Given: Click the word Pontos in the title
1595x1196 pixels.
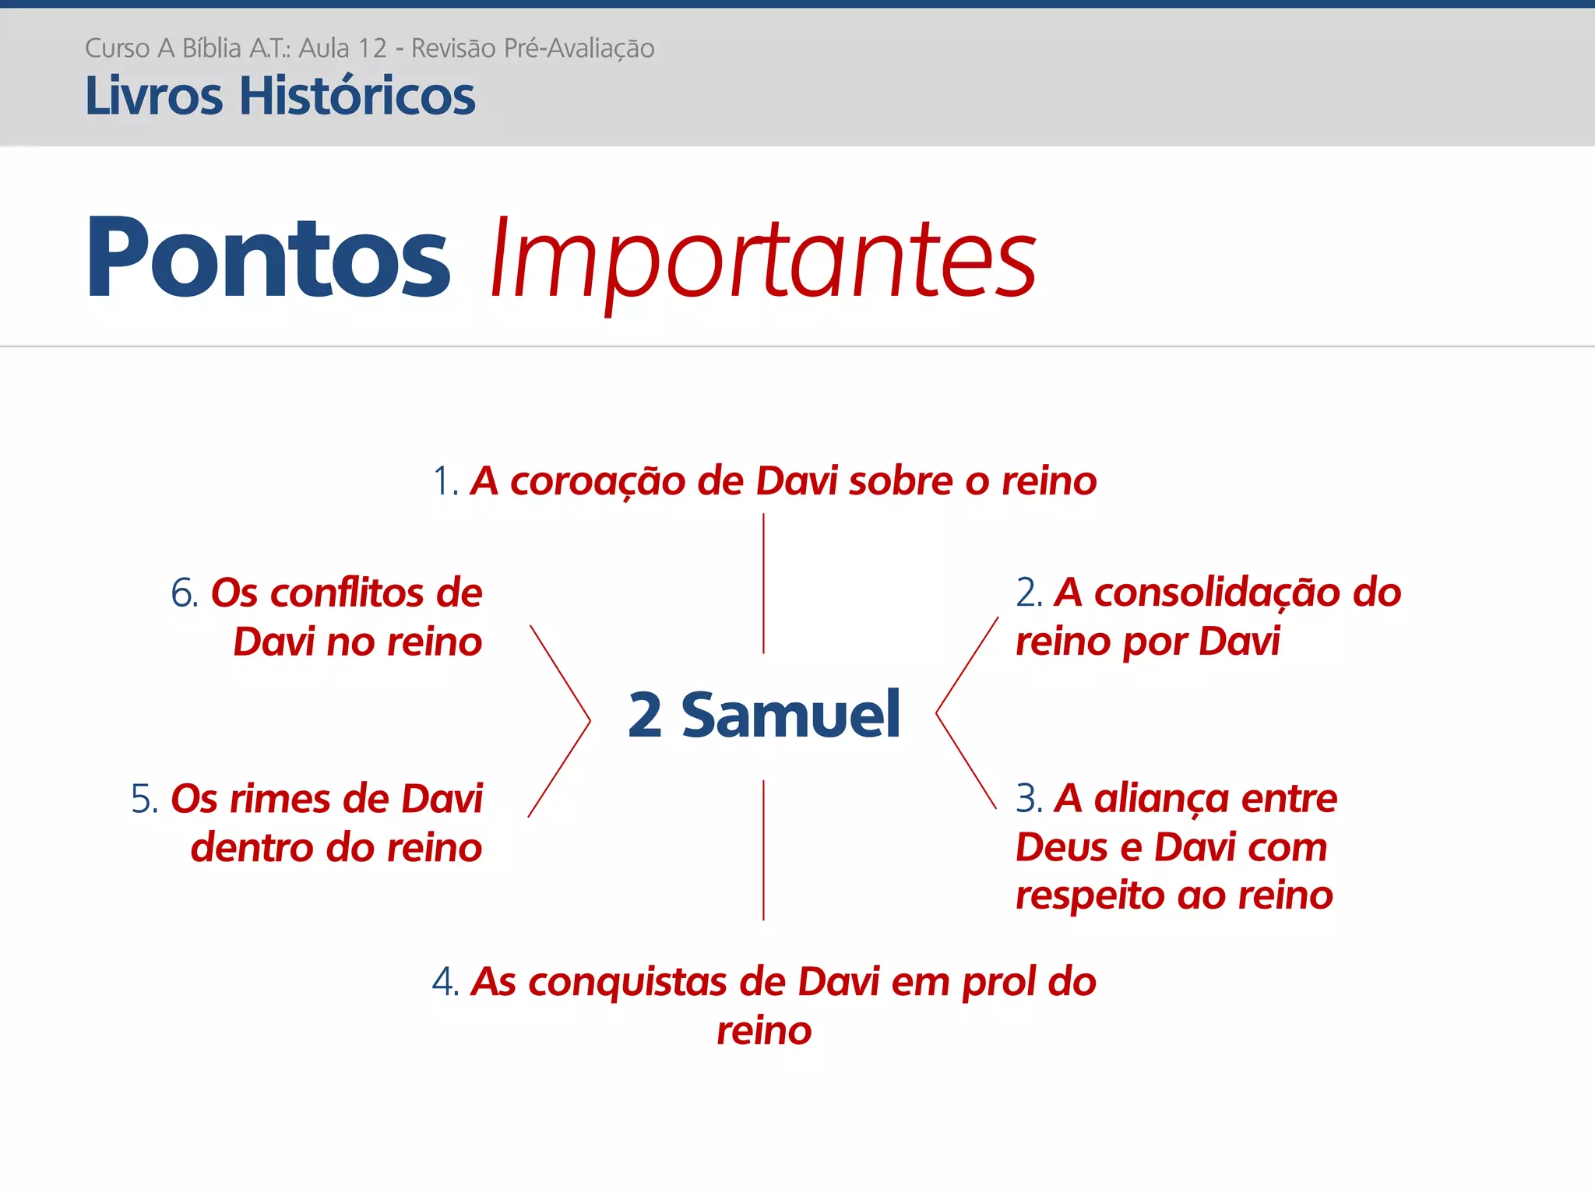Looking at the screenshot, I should coord(268,259).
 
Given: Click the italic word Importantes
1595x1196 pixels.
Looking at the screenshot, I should coord(763,261).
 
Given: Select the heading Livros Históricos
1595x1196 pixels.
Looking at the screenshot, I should coord(280,97).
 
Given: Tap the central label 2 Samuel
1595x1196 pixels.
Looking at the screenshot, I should coord(764,715).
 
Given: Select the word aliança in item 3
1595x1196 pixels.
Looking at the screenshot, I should coord(1160,799).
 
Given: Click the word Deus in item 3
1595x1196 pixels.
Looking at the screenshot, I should coord(1061,848).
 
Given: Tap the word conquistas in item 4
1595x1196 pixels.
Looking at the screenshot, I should coord(628,983).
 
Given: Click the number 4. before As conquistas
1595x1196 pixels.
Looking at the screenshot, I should coord(445,983).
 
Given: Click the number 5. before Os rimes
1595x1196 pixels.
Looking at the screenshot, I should coord(145,800).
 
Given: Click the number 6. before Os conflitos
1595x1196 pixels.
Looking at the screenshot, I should coord(185,594).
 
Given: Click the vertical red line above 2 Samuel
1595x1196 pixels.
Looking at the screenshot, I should coord(763,584).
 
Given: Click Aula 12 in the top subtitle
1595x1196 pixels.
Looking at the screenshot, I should coord(343,48).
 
